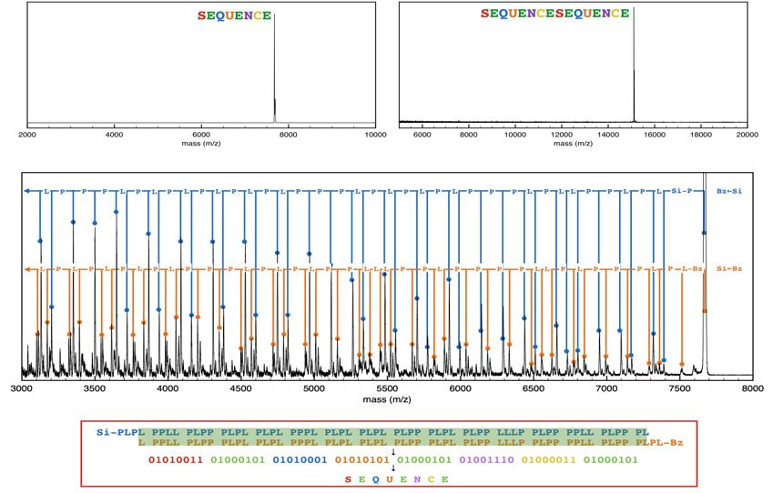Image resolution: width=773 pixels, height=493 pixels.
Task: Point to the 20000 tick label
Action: (x=747, y=134)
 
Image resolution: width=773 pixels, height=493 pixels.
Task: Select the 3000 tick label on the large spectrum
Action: (x=21, y=388)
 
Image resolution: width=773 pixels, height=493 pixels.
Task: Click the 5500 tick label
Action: (x=387, y=388)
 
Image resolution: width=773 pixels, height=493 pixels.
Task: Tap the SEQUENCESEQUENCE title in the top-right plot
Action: (x=554, y=14)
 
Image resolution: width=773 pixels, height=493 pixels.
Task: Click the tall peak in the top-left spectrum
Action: (x=274, y=64)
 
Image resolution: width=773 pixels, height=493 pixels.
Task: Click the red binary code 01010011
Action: (x=178, y=459)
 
